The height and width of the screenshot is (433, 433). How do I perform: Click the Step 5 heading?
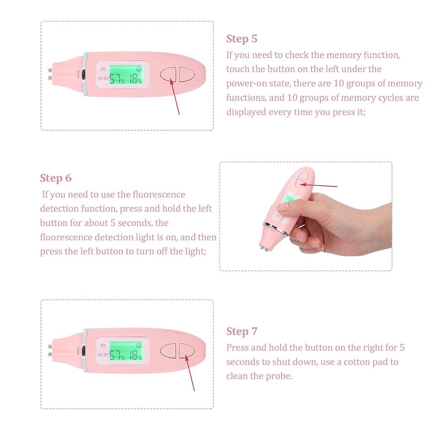coord(241,39)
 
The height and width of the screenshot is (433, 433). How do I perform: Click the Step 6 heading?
coord(56,178)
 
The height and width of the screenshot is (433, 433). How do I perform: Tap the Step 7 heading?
coord(241,331)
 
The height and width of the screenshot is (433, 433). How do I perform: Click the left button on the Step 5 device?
coord(168,74)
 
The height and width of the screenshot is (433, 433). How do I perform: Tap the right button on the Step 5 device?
coord(186,74)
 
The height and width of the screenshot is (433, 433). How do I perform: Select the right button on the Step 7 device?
coord(186,350)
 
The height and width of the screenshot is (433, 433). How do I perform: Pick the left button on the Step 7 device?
coord(168,350)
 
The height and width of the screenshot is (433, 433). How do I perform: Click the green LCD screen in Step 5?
coord(126,75)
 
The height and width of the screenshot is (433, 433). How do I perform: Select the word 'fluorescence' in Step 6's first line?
coord(159,195)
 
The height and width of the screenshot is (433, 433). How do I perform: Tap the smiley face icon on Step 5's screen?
coord(139,68)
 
